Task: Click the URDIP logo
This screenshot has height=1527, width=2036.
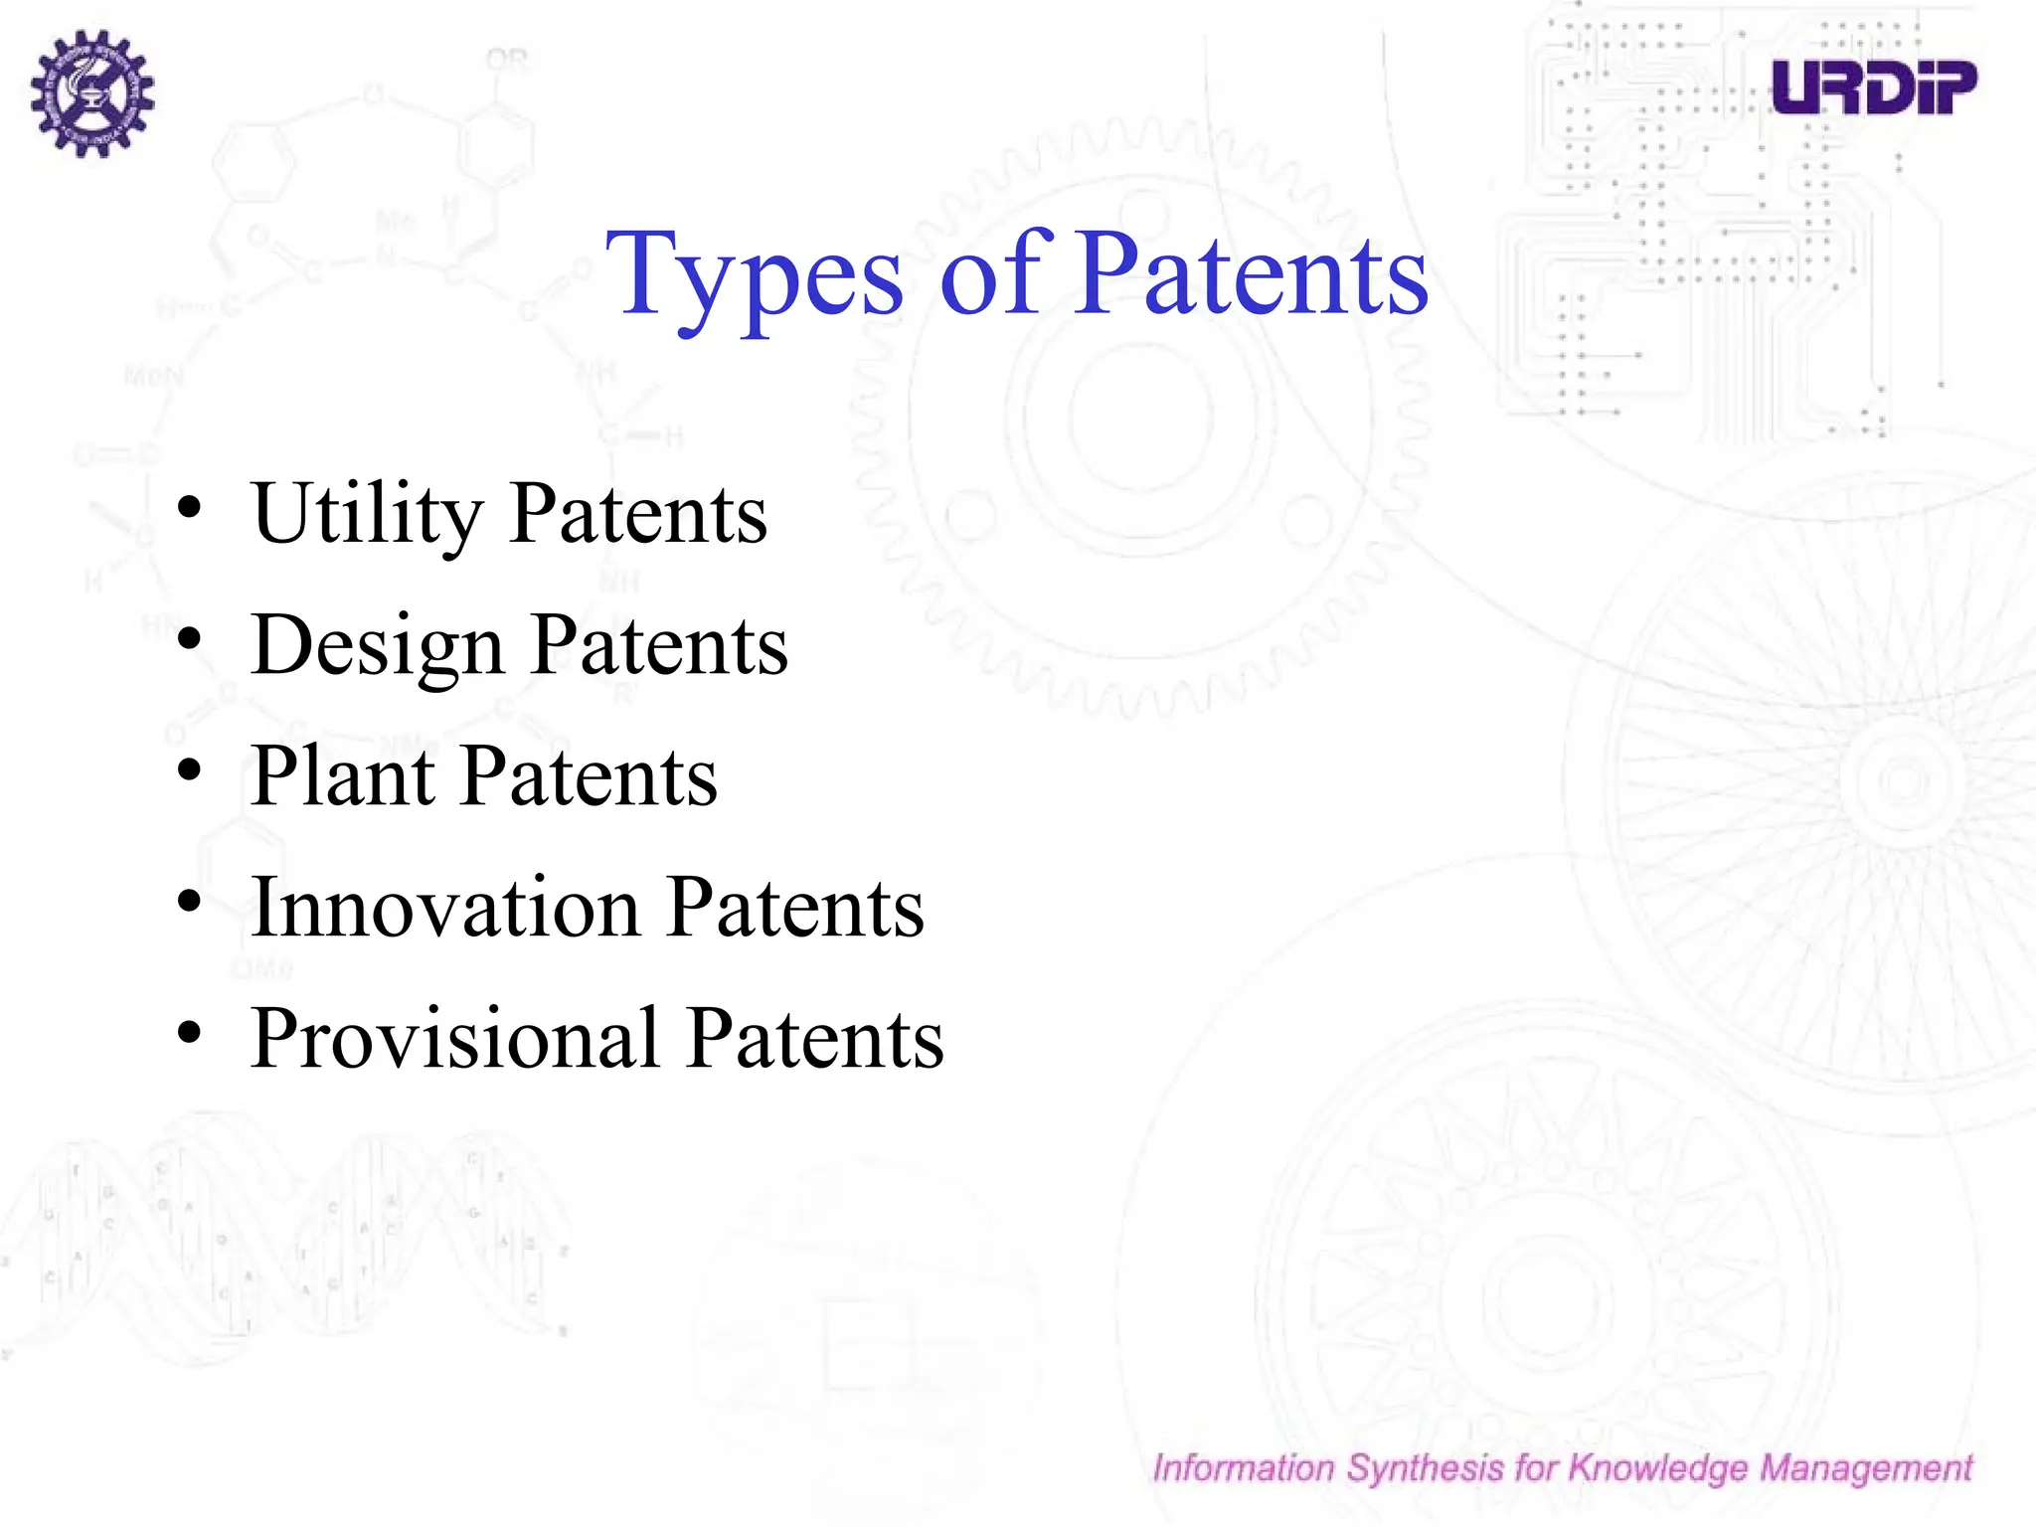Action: coord(1874,86)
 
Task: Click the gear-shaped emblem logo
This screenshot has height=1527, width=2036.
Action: coord(91,92)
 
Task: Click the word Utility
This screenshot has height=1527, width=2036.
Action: coord(367,515)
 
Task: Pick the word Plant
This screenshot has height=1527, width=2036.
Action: coord(343,776)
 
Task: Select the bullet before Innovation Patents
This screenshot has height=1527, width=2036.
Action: coord(189,902)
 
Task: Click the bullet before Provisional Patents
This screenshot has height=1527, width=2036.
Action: coord(189,1033)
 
